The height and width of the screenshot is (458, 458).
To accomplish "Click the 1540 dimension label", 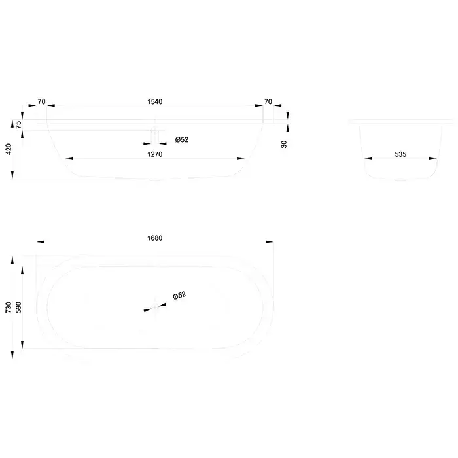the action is click(x=155, y=101).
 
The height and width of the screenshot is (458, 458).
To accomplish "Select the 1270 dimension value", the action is click(x=155, y=154).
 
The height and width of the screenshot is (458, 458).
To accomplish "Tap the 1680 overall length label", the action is click(x=155, y=238).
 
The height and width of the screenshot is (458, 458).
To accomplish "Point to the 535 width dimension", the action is click(x=400, y=154).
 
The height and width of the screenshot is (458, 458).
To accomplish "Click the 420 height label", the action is click(x=9, y=149).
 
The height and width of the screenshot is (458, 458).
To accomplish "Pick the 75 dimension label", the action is click(x=18, y=125).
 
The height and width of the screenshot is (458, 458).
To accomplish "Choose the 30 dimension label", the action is click(x=284, y=144).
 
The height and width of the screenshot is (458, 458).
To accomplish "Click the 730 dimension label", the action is click(x=9, y=308).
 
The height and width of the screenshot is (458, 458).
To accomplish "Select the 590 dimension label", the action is click(x=18, y=308).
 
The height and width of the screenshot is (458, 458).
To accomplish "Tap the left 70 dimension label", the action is click(x=41, y=101).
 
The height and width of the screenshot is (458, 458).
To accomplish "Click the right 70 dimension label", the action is click(x=268, y=101).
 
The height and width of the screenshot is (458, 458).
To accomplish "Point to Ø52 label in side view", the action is click(x=182, y=139).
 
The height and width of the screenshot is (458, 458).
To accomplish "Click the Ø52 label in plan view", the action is click(x=179, y=296).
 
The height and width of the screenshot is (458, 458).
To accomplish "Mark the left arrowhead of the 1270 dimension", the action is click(x=69, y=158).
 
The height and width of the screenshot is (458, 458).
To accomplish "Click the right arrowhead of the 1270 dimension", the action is click(x=241, y=158).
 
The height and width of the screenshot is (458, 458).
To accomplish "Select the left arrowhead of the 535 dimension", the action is click(x=368, y=158).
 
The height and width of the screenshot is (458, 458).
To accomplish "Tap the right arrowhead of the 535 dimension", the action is click(x=433, y=158).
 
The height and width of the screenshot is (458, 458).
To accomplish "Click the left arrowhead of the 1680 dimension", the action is click(x=41, y=242).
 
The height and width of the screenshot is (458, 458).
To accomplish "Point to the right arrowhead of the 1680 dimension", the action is click(x=270, y=242).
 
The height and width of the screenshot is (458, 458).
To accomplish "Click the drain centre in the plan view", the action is click(x=155, y=307).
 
